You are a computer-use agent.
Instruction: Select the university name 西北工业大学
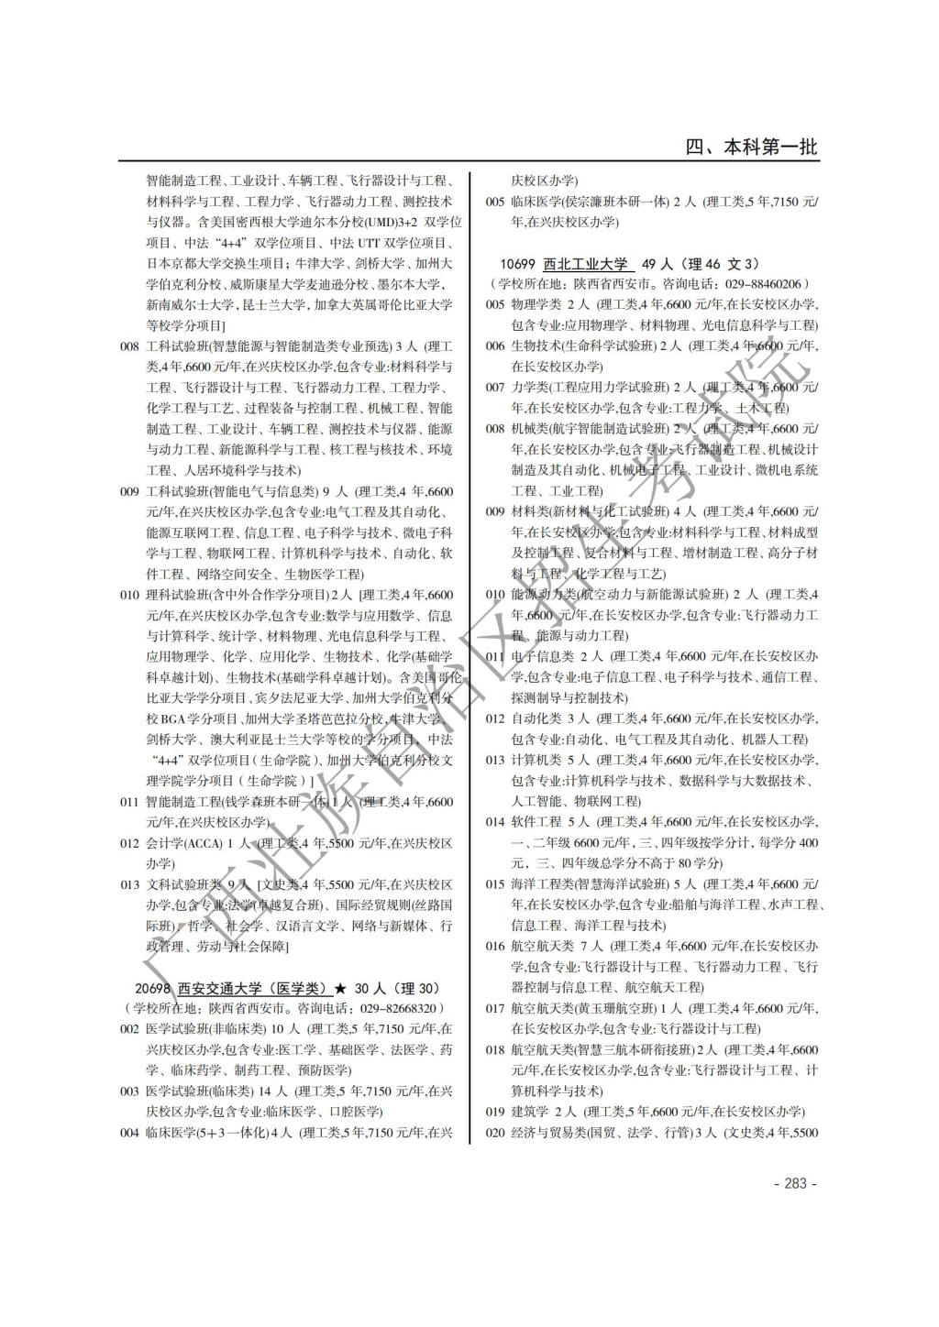point(587,264)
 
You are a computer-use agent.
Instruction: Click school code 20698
point(152,988)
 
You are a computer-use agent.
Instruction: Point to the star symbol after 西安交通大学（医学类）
point(340,988)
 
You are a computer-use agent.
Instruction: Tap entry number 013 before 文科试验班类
point(129,884)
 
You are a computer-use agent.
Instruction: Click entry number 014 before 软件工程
point(495,822)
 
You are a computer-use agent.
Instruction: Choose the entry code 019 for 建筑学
point(495,1112)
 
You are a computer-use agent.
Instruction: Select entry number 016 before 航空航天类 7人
point(495,946)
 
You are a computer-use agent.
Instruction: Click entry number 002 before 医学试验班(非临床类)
point(129,1029)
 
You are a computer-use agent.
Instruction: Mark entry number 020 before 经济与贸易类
point(495,1133)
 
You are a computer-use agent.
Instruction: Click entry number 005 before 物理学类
point(495,304)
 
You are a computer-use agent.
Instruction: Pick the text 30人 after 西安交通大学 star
point(370,988)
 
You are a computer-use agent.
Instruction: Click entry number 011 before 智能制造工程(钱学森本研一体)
point(129,802)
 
